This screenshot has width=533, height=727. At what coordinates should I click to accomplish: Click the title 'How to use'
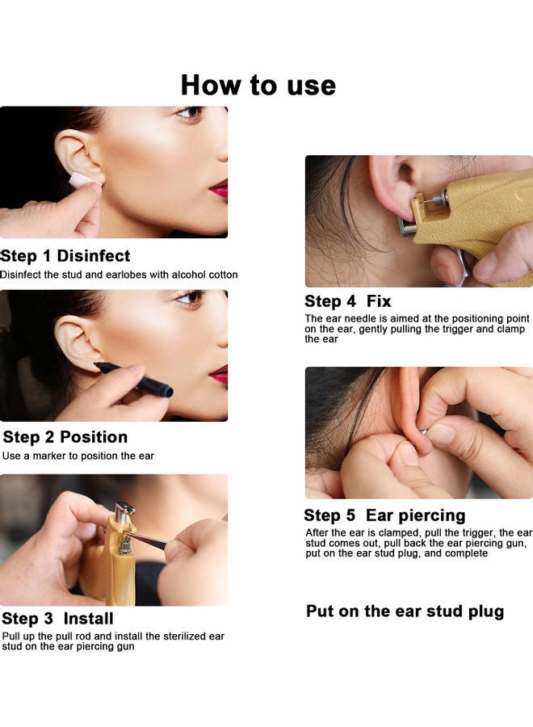(x=258, y=84)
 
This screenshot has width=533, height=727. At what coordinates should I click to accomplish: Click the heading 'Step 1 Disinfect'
(x=65, y=256)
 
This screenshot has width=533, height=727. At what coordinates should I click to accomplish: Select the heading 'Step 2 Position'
(x=65, y=437)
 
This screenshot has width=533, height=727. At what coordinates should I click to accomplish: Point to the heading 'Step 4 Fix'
(x=347, y=301)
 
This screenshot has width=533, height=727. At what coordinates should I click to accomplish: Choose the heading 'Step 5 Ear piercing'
(x=384, y=515)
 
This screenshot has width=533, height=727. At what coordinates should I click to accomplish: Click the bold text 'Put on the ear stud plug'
(x=405, y=611)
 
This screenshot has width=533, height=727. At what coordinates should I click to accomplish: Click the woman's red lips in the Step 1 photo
(x=219, y=190)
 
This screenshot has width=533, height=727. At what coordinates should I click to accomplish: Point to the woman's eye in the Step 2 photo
(x=189, y=298)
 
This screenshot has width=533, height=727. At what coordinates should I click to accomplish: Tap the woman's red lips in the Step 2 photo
(x=219, y=373)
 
